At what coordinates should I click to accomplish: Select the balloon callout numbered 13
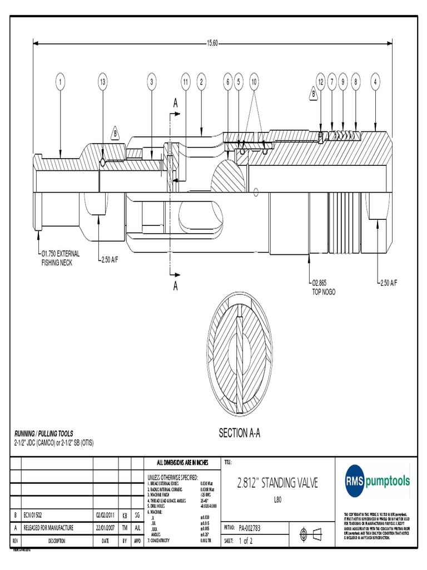[x=102, y=82]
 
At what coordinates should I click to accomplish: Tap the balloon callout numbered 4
[x=376, y=82]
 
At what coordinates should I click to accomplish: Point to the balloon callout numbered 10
[x=254, y=82]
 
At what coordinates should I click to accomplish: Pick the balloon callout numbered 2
[x=200, y=82]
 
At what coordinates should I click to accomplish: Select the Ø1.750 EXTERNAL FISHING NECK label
[x=61, y=257]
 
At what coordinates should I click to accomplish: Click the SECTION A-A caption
[x=240, y=433]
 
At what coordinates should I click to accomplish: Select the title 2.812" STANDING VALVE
[x=277, y=483]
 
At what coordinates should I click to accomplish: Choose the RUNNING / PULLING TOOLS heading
[x=43, y=434]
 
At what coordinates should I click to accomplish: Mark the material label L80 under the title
[x=278, y=499]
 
